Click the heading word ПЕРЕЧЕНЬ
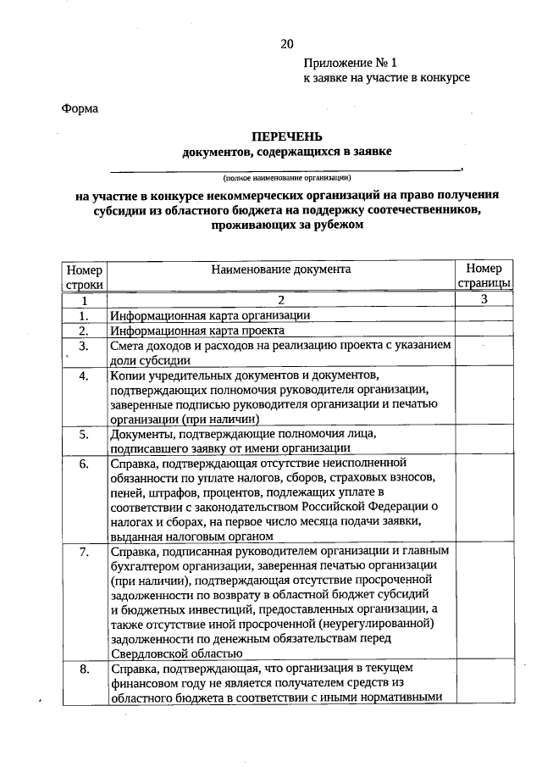click(x=286, y=137)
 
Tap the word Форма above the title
click(x=80, y=108)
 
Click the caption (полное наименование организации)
click(x=286, y=178)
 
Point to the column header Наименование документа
click(x=281, y=269)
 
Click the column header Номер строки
click(x=84, y=277)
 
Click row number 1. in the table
click(x=84, y=315)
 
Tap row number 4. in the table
click(x=84, y=375)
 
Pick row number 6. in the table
click(x=84, y=464)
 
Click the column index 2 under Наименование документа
click(x=281, y=300)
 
